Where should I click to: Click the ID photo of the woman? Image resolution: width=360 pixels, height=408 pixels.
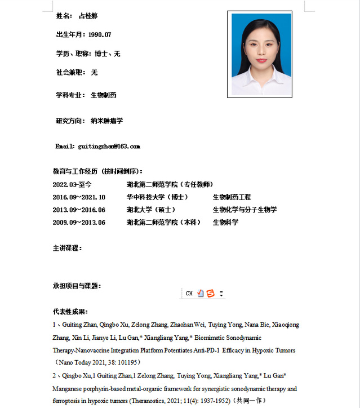(260, 54)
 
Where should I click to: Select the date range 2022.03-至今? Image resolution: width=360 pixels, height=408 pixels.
(72, 184)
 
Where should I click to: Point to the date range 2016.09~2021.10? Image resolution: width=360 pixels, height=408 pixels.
(79, 197)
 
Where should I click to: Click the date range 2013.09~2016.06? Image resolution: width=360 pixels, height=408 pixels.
(79, 210)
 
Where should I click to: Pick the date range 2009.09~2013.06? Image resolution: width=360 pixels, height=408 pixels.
(79, 222)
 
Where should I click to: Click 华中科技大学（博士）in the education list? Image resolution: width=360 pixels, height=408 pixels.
(157, 197)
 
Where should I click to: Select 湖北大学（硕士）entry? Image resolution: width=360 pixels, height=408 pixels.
(150, 210)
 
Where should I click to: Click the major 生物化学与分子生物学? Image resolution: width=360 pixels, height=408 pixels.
(245, 210)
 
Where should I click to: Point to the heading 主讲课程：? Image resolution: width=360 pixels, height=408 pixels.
(68, 248)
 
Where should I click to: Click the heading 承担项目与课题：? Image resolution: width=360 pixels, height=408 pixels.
(77, 286)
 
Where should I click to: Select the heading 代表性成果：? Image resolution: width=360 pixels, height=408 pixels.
(70, 312)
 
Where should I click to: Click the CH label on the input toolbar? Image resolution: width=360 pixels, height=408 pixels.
(189, 294)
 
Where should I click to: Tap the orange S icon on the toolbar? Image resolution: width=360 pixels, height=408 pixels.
(211, 294)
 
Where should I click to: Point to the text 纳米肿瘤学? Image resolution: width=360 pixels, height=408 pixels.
(107, 121)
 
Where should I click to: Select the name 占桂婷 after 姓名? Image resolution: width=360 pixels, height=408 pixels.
(88, 16)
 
